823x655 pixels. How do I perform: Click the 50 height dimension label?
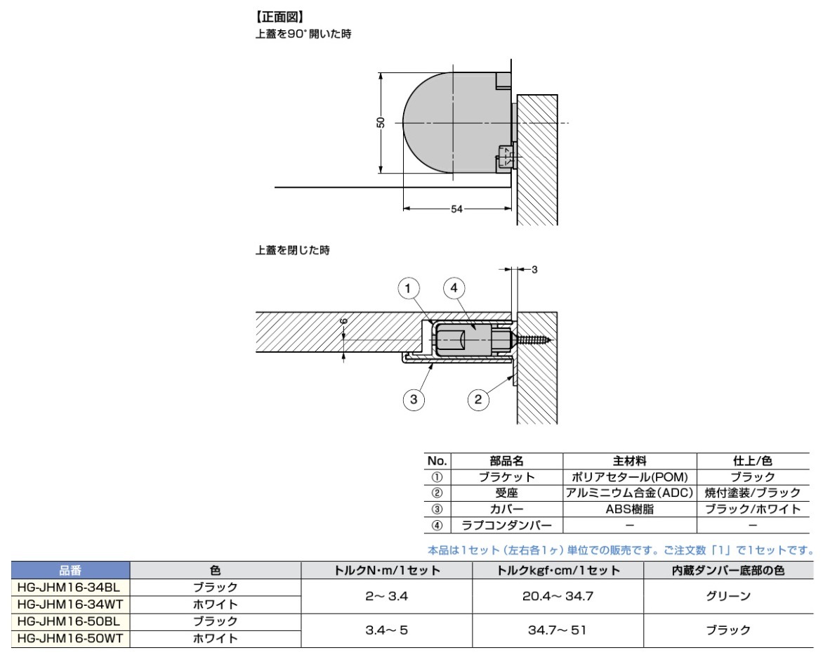(x=381, y=122)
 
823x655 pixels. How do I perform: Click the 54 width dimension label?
(x=456, y=209)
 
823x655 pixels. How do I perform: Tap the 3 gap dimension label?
(x=534, y=269)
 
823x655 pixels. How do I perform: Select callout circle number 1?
(x=409, y=288)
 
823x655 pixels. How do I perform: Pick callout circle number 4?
(x=454, y=288)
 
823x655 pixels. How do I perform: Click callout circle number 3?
(x=414, y=399)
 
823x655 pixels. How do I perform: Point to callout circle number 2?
(x=478, y=399)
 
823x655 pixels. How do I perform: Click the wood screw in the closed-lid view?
(x=533, y=340)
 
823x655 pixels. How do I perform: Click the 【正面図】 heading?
(x=279, y=18)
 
